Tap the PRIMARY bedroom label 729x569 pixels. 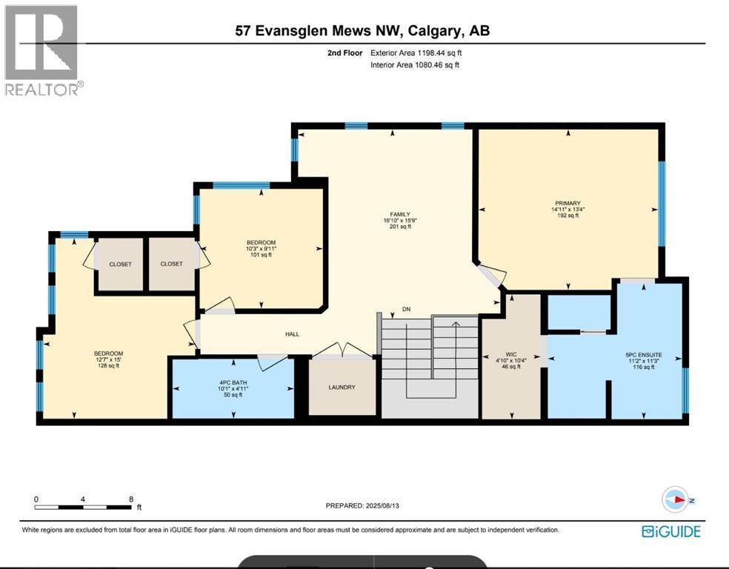point(567,203)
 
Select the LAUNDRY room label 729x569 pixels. point(342,387)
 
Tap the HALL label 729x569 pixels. point(292,334)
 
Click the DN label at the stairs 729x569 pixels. point(406,309)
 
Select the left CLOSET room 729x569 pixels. point(121,264)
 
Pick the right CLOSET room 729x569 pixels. point(171,264)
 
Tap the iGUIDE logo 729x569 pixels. point(670,530)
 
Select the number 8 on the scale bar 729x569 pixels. point(130,499)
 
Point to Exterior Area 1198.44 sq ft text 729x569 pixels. point(419,53)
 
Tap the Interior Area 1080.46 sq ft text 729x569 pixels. point(416,65)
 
